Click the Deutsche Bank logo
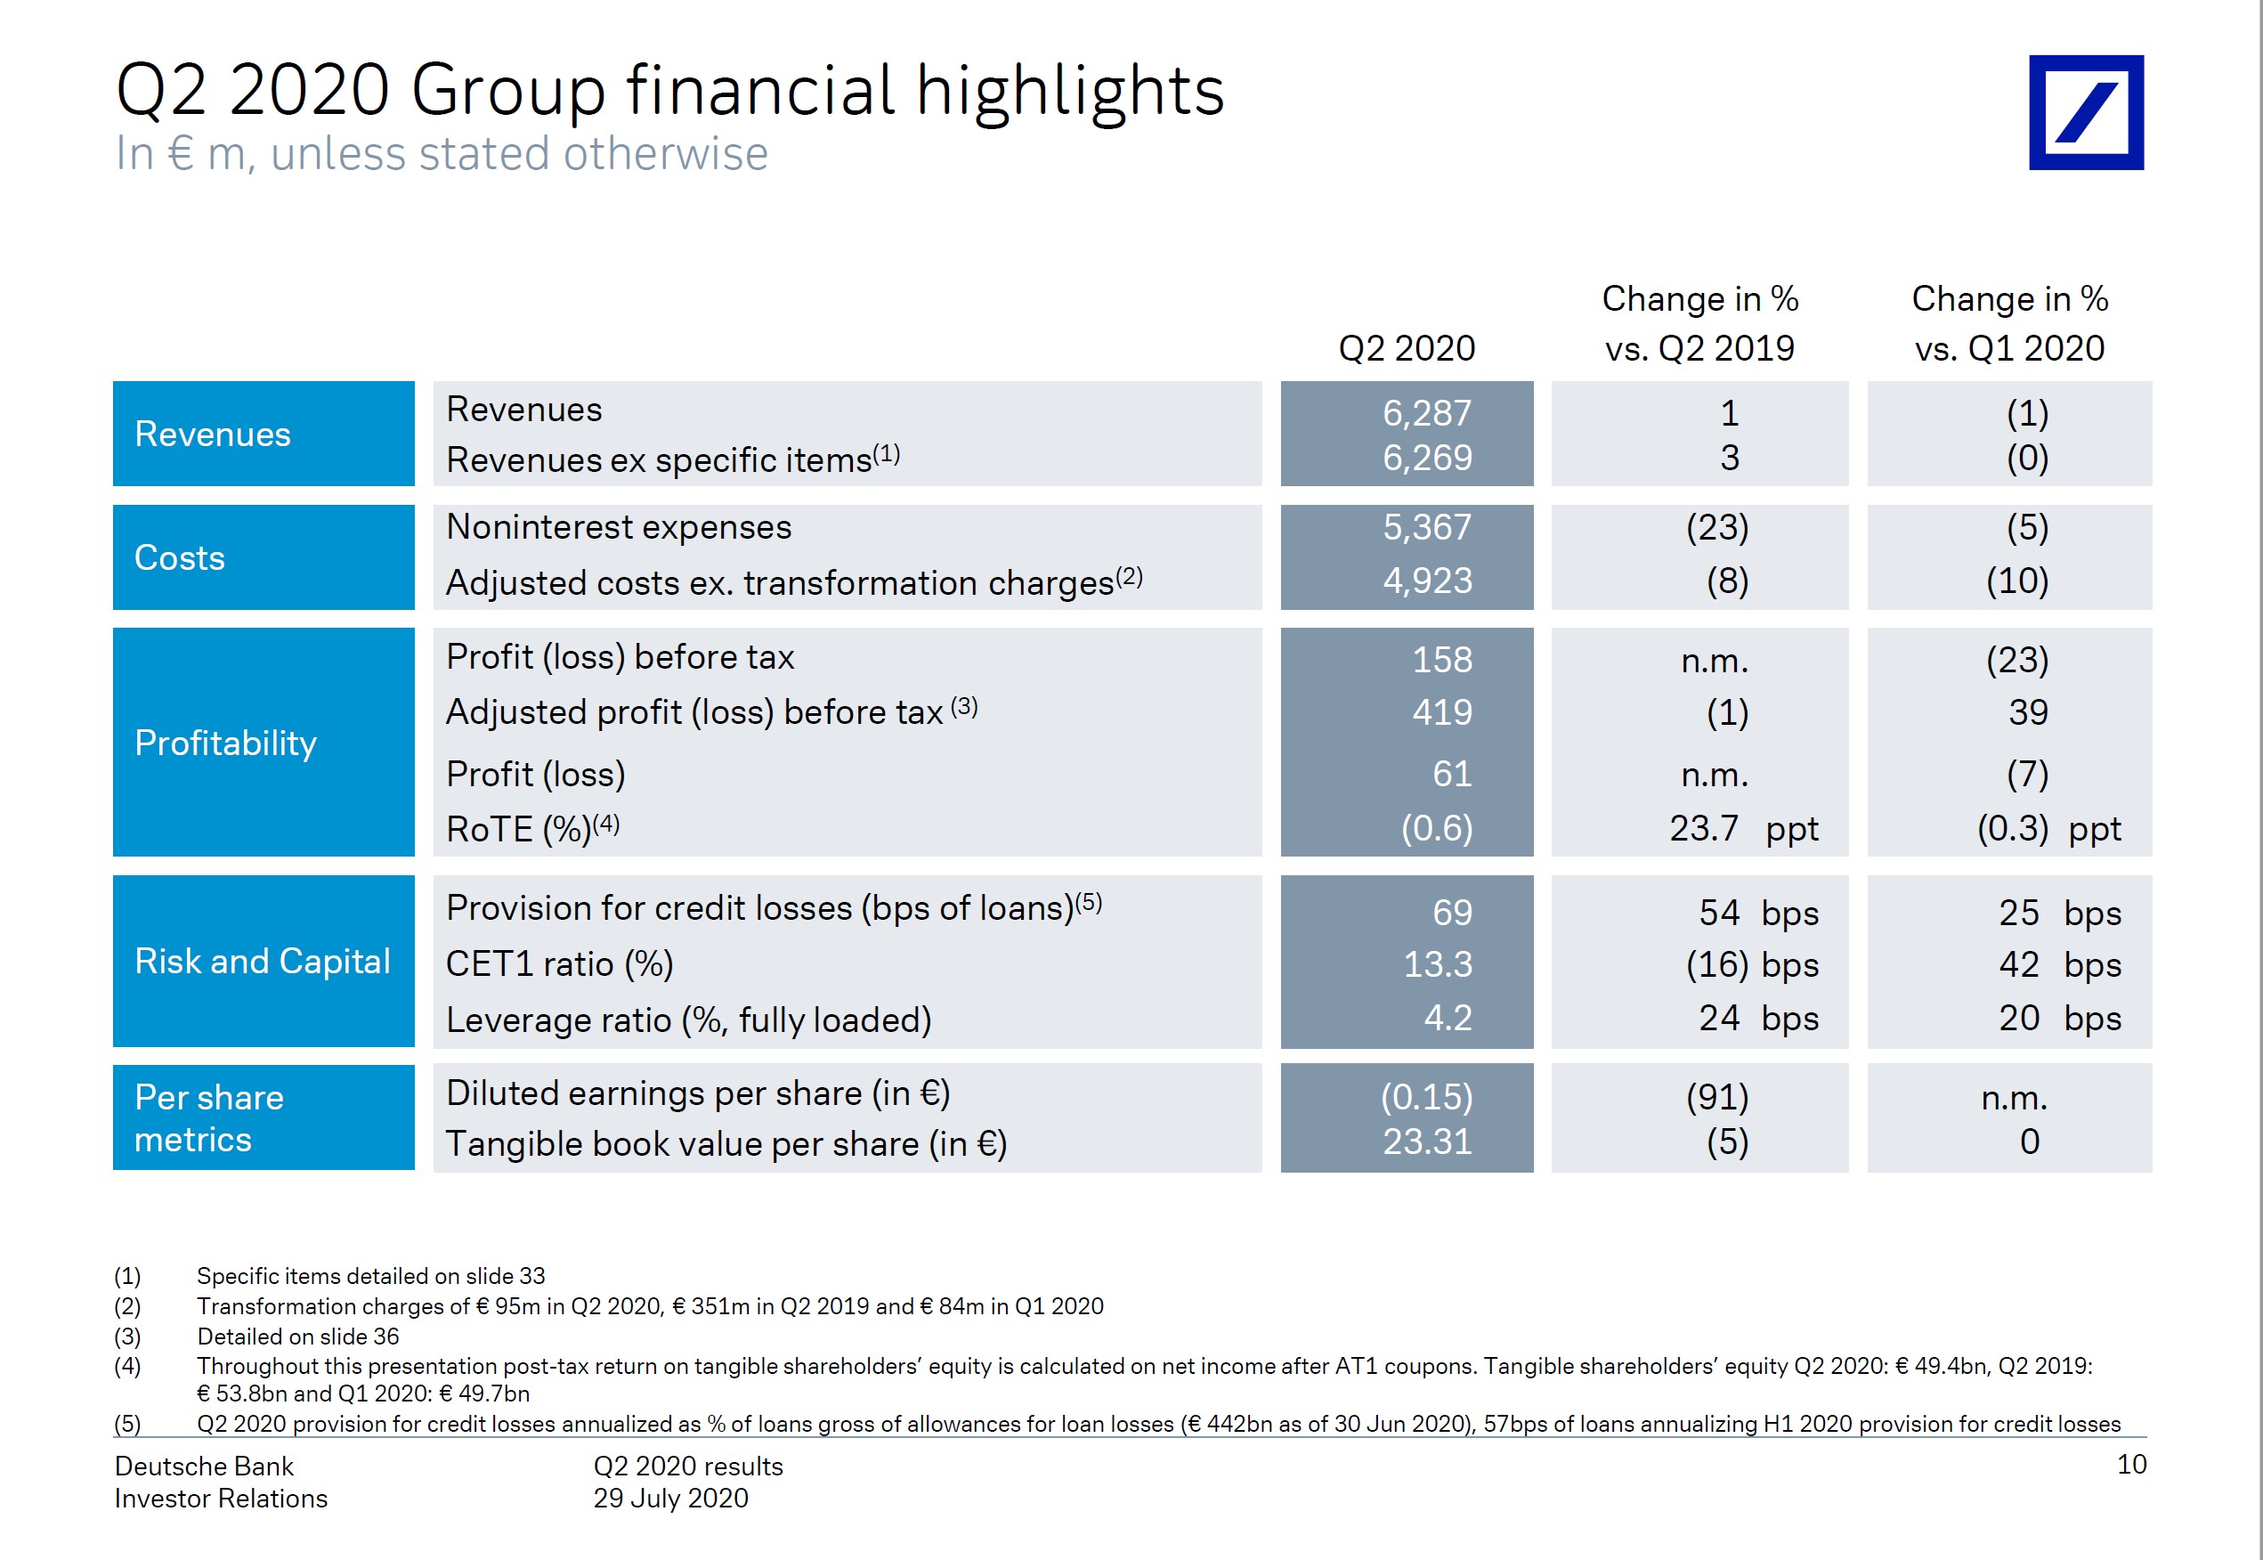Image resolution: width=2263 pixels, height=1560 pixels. pos(2085,112)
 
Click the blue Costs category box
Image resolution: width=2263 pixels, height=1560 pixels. pos(263,557)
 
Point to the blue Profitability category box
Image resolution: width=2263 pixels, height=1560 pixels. pos(263,743)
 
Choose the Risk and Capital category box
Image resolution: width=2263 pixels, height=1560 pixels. pos(263,961)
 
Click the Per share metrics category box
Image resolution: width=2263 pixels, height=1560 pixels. pos(263,1118)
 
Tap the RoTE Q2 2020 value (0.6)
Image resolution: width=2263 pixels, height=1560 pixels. pos(1435,829)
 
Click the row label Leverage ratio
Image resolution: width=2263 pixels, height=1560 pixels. pos(688,1020)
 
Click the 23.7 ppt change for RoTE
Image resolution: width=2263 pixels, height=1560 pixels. pos(1742,829)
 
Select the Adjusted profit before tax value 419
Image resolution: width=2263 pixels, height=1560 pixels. pos(1441,712)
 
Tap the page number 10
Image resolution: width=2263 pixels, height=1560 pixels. pos(2131,1464)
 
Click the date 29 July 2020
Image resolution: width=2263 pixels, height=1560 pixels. pos(670,1499)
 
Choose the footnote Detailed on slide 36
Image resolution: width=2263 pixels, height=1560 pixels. pos(297,1337)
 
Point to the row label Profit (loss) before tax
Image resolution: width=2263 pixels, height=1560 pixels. pos(620,658)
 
